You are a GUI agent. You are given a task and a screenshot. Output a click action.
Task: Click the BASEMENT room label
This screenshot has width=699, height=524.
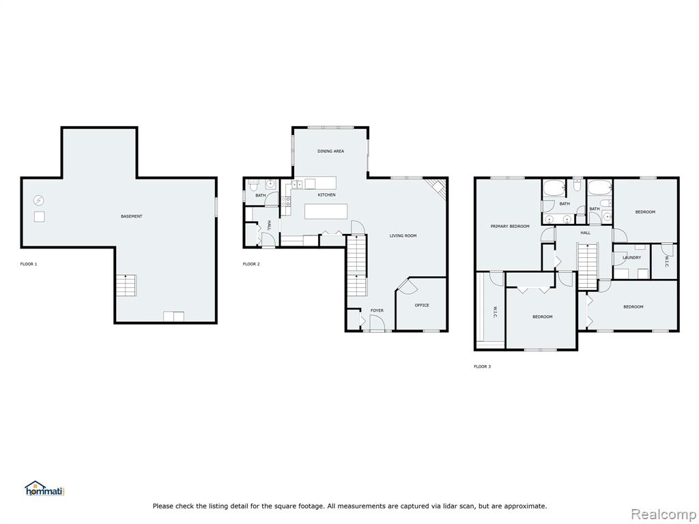click(x=132, y=216)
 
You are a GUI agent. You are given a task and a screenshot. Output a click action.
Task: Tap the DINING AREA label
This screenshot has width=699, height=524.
click(x=331, y=151)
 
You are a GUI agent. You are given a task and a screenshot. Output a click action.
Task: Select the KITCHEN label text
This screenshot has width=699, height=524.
click(x=327, y=195)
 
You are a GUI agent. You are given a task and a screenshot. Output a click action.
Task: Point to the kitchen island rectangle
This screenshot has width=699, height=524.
click(x=326, y=212)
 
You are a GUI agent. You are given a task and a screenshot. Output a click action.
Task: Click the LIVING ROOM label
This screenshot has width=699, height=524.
click(x=403, y=235)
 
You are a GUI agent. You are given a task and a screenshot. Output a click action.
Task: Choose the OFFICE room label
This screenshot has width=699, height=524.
click(x=422, y=305)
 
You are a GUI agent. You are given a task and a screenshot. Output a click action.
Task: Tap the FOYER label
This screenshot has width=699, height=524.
click(x=377, y=310)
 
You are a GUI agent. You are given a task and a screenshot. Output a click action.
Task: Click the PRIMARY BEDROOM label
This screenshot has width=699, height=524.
click(x=510, y=227)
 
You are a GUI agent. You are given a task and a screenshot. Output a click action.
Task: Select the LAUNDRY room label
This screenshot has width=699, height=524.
click(x=631, y=257)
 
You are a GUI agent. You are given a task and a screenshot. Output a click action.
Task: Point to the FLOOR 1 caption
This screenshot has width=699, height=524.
click(x=29, y=264)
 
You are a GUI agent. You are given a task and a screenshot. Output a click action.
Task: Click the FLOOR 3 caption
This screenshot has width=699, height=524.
click(x=482, y=366)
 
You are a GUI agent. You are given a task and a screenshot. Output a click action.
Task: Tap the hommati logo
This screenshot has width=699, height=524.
click(x=45, y=489)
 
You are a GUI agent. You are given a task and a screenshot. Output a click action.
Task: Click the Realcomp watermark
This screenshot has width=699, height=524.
click(x=664, y=514)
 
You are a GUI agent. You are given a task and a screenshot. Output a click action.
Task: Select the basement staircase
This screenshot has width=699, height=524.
click(x=126, y=286)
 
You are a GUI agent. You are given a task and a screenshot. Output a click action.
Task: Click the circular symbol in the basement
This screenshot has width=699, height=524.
click(x=39, y=201)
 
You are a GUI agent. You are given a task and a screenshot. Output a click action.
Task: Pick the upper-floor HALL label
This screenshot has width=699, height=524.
click(x=585, y=233)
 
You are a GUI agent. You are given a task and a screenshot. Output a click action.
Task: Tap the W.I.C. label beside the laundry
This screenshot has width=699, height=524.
click(x=666, y=261)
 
